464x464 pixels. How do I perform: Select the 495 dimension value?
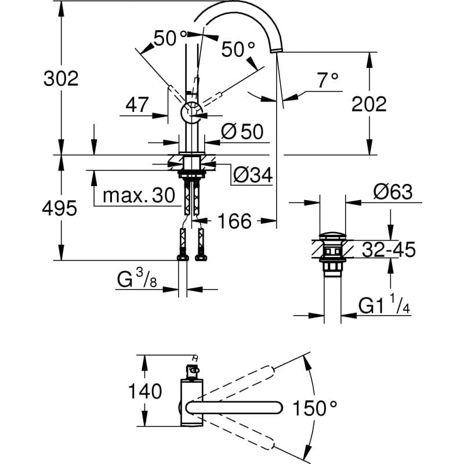(60, 208)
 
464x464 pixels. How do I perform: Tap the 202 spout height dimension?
(369, 104)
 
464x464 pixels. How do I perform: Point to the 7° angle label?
(327, 81)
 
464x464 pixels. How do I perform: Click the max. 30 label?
(138, 195)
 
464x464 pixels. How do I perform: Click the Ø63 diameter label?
(393, 192)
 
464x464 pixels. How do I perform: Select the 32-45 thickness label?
(389, 250)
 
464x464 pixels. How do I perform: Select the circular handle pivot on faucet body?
(191, 112)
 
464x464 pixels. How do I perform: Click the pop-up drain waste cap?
(332, 236)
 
